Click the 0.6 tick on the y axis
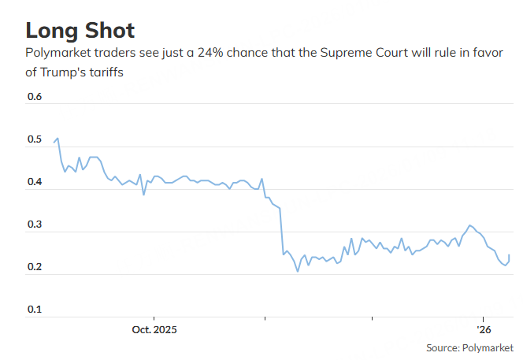tap(35, 98)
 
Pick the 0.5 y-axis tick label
tap(35, 140)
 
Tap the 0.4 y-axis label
tap(35, 183)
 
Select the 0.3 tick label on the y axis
tap(35, 225)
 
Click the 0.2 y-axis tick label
tap(35, 268)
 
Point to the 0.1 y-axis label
tap(35, 310)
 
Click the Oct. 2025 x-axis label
tap(154, 329)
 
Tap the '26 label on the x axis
tap(483, 329)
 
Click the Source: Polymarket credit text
tap(469, 347)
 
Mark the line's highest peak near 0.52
tap(57, 138)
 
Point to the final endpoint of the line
tap(509, 255)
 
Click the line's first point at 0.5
tap(54, 143)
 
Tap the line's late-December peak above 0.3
tap(470, 225)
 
